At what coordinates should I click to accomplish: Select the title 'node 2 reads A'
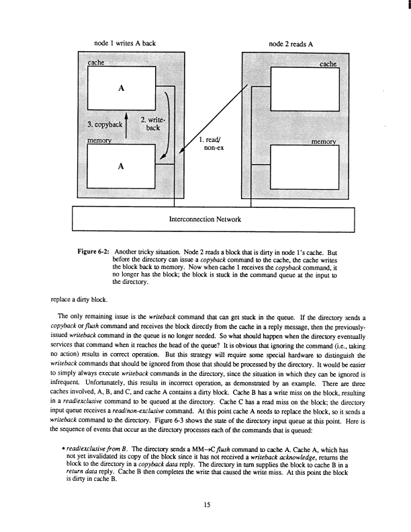click(290, 42)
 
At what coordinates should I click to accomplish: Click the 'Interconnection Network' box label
click(213, 219)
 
